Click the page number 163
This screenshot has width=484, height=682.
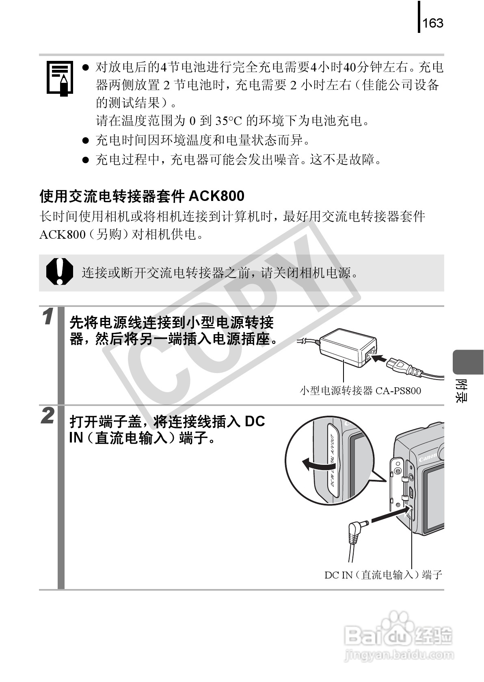click(x=433, y=23)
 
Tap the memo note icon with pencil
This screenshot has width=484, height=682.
click(x=60, y=78)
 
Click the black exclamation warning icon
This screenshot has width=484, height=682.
click(x=59, y=272)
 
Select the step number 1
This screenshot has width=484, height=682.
click(x=48, y=317)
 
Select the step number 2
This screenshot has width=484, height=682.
click(x=48, y=416)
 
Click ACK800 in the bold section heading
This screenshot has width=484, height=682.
click(x=217, y=196)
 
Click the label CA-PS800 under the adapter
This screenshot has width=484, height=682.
click(x=398, y=391)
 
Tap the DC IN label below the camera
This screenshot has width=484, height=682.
click(x=338, y=575)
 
